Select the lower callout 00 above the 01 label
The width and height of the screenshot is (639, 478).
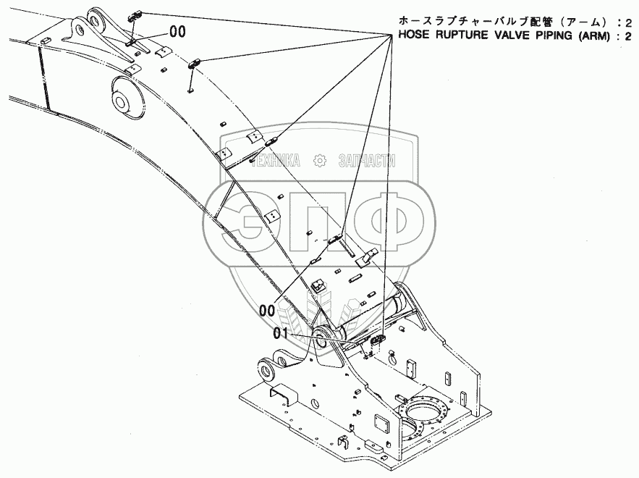coord(267,311)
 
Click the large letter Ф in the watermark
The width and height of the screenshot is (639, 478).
coord(391,217)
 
